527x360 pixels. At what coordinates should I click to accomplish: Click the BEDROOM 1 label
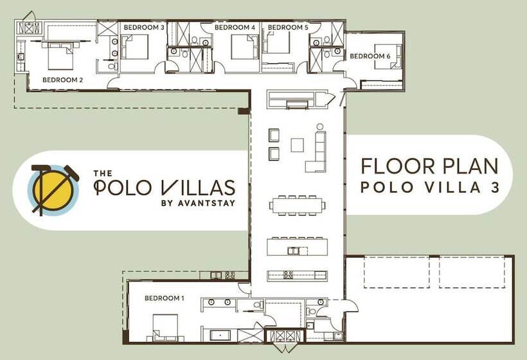tap(164, 298)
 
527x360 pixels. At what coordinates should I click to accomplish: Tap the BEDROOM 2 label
tap(62, 80)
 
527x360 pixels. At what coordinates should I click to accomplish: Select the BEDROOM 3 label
tap(145, 28)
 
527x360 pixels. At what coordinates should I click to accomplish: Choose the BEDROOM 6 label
tap(370, 57)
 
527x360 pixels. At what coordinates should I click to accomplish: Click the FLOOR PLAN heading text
tap(429, 166)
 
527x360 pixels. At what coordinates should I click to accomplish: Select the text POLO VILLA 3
tap(429, 188)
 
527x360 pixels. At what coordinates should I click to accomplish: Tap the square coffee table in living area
tap(297, 145)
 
